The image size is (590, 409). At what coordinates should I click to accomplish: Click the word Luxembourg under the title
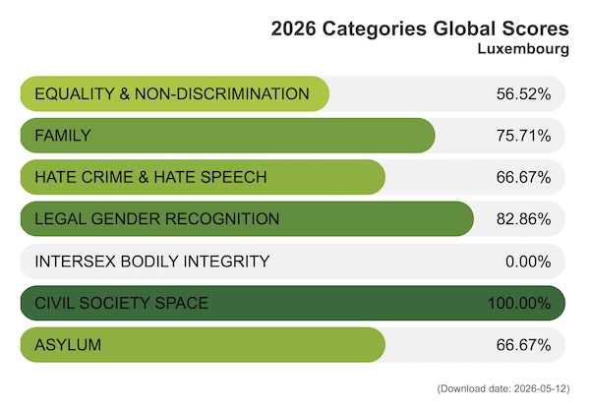click(x=523, y=49)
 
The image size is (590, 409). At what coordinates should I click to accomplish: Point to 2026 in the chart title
click(x=293, y=29)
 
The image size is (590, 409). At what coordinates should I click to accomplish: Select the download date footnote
click(x=503, y=388)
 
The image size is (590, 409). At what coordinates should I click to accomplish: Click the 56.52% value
click(x=523, y=94)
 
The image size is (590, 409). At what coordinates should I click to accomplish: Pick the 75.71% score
click(x=523, y=136)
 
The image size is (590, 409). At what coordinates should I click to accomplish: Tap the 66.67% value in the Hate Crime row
click(x=523, y=177)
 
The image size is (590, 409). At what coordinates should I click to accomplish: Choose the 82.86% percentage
click(x=523, y=219)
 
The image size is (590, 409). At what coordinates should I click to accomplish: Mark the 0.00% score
click(x=528, y=262)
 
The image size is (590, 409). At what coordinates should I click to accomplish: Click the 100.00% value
click(x=519, y=303)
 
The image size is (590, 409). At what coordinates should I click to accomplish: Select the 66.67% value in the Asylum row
click(x=523, y=345)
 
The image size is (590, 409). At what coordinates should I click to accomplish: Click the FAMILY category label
click(x=63, y=136)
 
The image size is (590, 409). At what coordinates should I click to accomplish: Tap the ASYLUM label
click(x=68, y=345)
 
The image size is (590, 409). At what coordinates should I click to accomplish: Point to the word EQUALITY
click(x=75, y=94)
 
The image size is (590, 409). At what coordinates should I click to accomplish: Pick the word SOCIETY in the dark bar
click(x=114, y=303)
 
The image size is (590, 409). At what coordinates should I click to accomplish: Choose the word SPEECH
click(x=234, y=177)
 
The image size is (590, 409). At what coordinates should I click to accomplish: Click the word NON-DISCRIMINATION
click(x=222, y=94)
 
